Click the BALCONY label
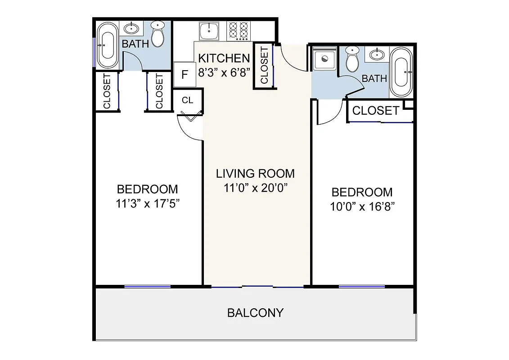pos(255,313)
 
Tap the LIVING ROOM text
pos(255,173)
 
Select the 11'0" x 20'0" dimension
pos(255,188)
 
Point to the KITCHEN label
pos(224,58)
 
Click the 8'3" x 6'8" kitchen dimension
pos(224,72)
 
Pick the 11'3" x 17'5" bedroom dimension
pos(148,203)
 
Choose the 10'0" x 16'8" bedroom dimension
pos(362,207)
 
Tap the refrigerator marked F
pos(184,74)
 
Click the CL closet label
pos(188,100)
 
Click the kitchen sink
pos(209,31)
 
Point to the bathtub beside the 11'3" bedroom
pos(108,45)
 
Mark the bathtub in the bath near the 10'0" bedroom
pos(400,72)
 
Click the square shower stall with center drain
pos(324,59)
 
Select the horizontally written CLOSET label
pos(375,111)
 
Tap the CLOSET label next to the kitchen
pos(264,65)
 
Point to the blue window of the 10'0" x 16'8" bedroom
pos(362,286)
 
